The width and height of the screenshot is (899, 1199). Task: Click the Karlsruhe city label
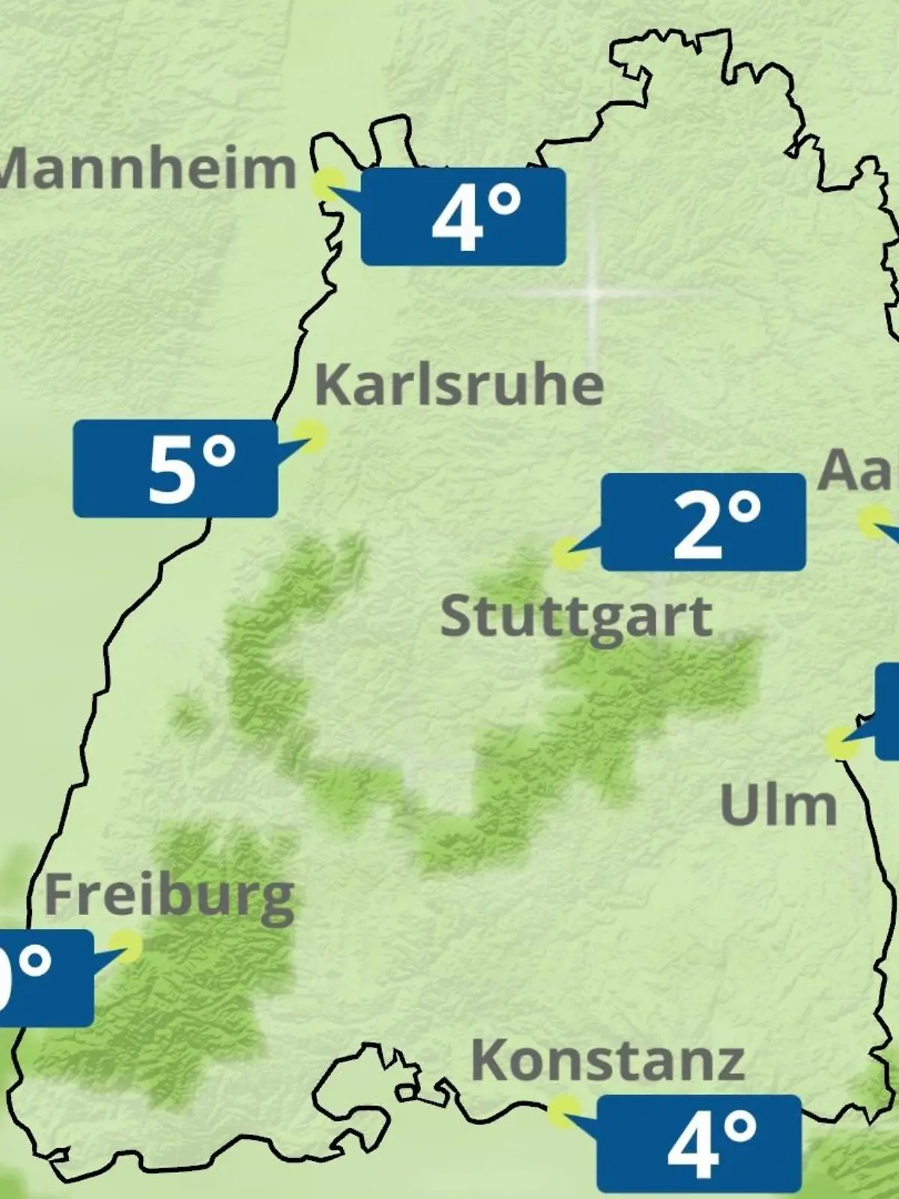459,385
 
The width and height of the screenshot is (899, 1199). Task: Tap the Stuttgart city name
576,617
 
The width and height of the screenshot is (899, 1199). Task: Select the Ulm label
778,805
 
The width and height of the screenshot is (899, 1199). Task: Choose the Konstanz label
608,1060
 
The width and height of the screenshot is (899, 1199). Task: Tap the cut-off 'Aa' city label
859,471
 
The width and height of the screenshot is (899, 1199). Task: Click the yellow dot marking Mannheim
328,184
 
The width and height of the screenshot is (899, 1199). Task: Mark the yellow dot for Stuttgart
568,554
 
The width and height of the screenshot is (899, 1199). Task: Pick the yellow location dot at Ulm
843,743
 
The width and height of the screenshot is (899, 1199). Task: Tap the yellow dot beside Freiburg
125,946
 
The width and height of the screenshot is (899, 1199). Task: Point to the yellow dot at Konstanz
563,1112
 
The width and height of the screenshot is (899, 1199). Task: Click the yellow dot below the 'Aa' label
873,522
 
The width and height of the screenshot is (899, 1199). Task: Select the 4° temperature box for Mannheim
463,217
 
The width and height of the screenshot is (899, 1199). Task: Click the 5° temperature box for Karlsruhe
175,468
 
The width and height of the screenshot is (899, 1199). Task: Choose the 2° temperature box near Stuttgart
703,522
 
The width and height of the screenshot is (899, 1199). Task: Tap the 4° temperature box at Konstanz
699,1143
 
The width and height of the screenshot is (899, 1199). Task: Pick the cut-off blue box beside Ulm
888,710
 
